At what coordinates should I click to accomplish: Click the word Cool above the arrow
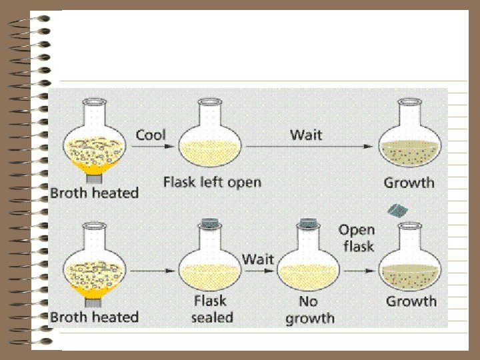pos(151,135)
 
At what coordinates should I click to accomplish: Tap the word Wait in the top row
pos(306,135)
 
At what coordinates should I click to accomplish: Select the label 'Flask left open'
pos(212,182)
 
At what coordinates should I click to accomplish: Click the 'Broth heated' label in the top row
pos(94,193)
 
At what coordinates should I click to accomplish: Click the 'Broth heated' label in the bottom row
pos(94,317)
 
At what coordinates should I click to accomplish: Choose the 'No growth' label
pos(309,310)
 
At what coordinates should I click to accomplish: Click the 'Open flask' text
pos(357,238)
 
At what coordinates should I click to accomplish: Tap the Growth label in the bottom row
pos(411,301)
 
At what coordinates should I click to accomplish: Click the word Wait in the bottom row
pos(258,258)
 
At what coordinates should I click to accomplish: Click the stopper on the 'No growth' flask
pos(309,223)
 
